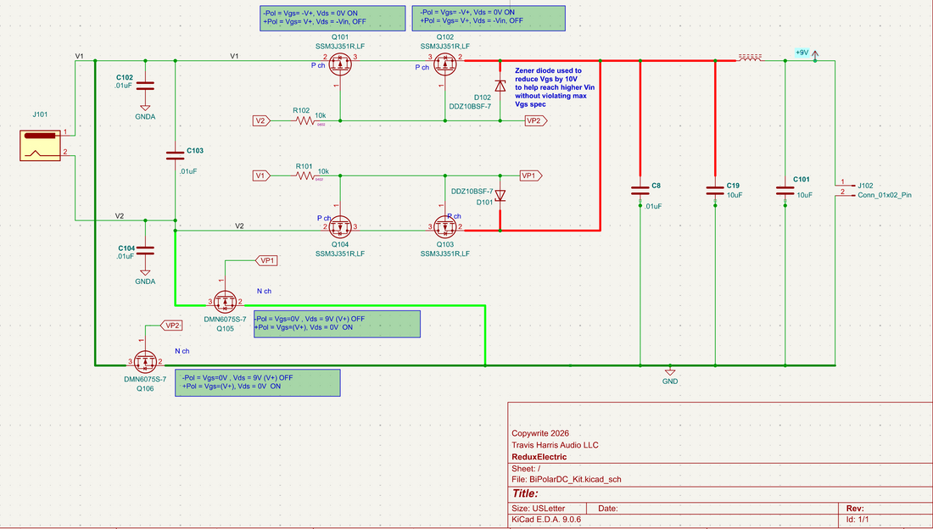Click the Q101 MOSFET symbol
340,62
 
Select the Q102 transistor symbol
444,62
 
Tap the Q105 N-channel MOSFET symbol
225,301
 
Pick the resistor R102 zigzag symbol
304,121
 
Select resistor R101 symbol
304,175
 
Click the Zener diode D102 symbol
500,86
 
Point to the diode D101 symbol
500,196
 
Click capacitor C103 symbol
175,155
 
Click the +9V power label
802,53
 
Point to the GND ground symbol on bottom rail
670,372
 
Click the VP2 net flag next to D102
534,121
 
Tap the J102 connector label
865,185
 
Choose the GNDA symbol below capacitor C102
145,109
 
